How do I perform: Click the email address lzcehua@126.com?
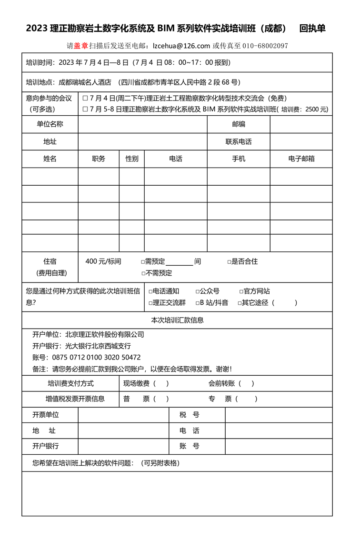coord(181,46)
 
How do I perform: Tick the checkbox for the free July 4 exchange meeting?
coord(85,99)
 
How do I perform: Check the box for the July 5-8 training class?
coord(85,109)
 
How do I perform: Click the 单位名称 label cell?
coord(50,124)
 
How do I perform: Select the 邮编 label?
coord(239,124)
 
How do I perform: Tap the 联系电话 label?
coord(239,141)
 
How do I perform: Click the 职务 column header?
coord(99,159)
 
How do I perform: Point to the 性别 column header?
coord(132,159)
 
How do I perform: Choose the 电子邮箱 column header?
coord(301,159)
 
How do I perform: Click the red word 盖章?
coord(81,46)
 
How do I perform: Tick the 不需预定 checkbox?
coord(143,273)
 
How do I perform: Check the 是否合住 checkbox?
coord(229,262)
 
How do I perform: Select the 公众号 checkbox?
coord(198,291)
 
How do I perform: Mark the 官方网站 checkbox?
coord(241,291)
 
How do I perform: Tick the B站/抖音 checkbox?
coord(198,303)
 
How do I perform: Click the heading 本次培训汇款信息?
coord(177,320)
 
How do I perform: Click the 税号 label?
coord(190,415)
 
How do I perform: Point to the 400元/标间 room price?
coord(103,261)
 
